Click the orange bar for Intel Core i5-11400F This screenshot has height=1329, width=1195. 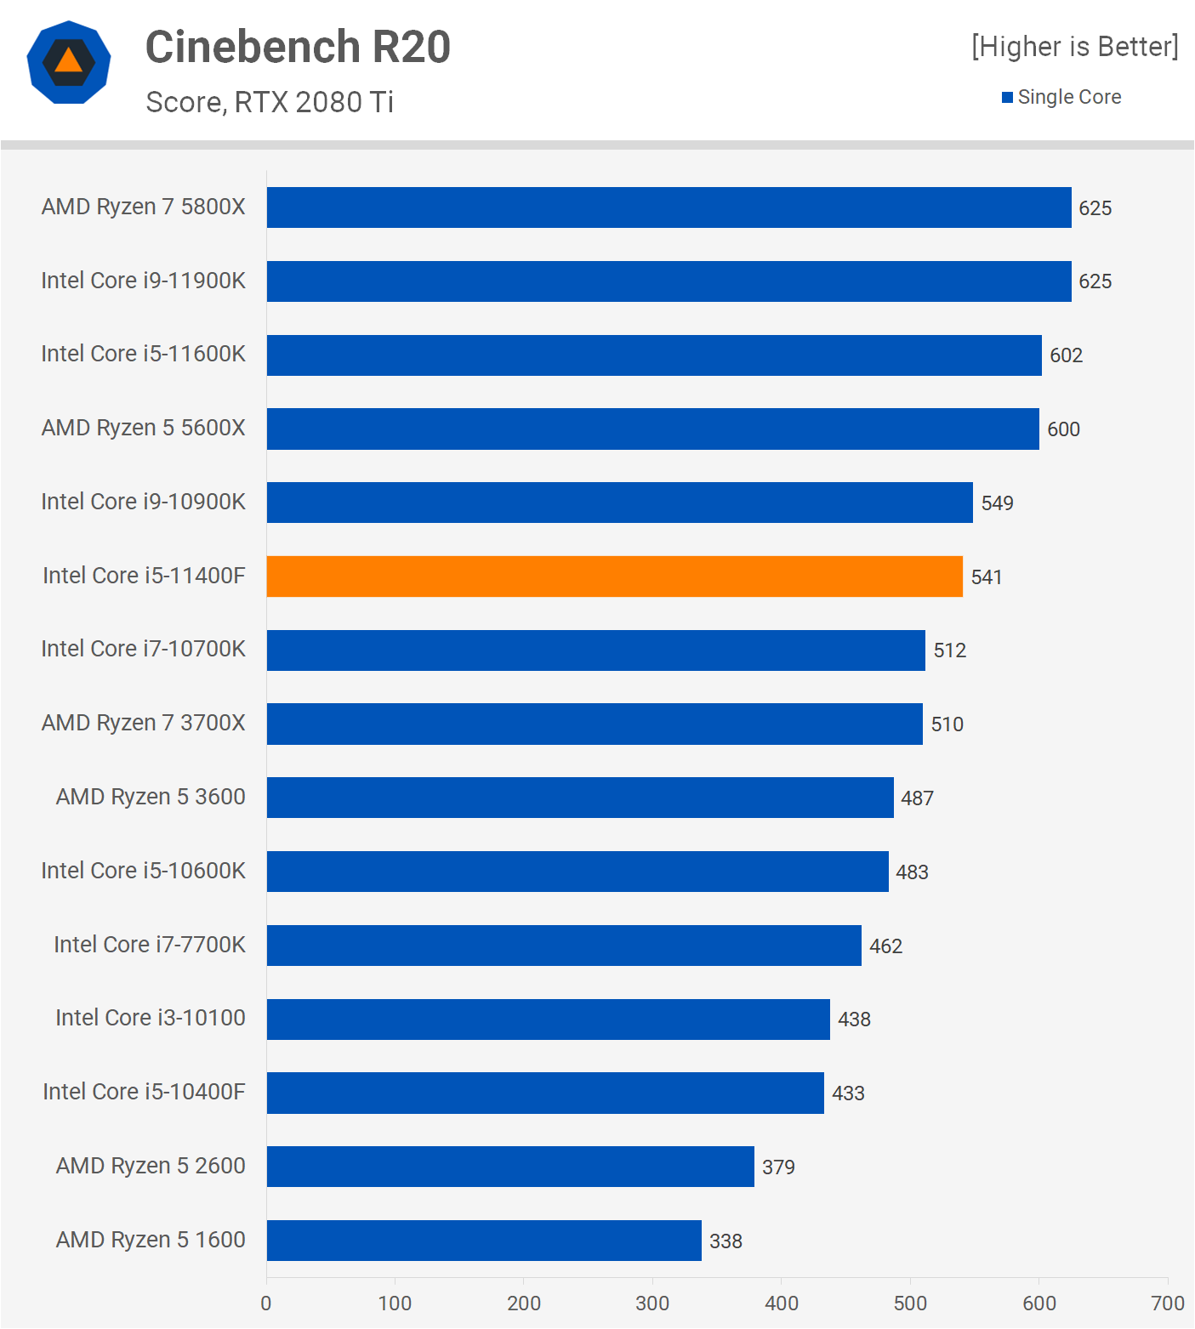pos(614,576)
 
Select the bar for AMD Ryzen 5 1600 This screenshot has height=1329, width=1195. pos(484,1241)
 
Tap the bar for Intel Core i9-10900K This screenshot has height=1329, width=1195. pos(619,503)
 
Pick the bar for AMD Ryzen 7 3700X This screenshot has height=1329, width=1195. pos(595,724)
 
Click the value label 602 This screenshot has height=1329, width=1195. pos(1066,355)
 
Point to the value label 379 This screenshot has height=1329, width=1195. pos(778,1167)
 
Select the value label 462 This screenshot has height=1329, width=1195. pos(885,946)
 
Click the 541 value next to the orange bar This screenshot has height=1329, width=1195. pos(987,577)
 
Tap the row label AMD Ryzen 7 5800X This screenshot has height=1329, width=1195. pos(143,207)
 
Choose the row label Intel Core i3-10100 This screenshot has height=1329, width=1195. pos(150,1018)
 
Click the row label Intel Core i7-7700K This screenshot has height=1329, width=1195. pos(149,945)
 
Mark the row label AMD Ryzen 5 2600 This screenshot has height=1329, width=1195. pos(150,1166)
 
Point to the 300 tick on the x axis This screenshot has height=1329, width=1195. pos(652,1303)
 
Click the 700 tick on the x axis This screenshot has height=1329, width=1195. pos(1167,1303)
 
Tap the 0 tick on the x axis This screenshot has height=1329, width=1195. pos(266,1303)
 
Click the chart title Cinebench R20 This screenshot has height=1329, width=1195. pos(298,47)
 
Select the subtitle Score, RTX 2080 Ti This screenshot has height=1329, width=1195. pos(270,102)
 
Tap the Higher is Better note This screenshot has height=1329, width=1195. pos(1075,47)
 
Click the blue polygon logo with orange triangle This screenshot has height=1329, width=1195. pos(69,62)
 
